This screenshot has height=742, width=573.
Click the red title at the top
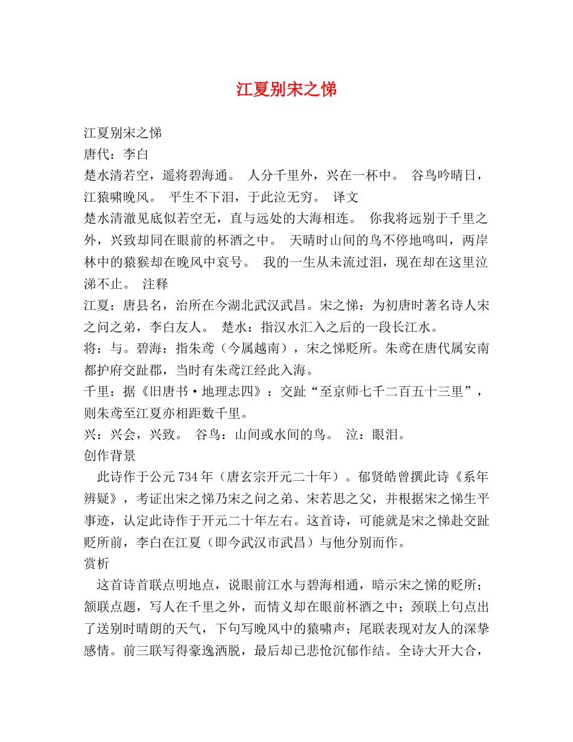point(286,89)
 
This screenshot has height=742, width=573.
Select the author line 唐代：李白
point(116,154)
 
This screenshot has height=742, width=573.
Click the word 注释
point(156,284)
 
